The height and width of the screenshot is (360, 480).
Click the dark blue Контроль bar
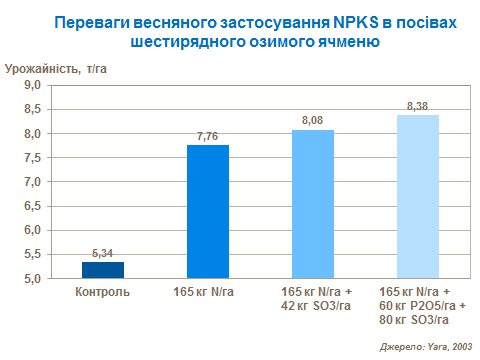tap(103, 270)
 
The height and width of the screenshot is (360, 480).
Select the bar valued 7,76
tap(208, 212)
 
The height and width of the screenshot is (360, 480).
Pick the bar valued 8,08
tap(313, 204)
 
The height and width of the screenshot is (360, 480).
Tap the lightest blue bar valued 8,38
tap(418, 197)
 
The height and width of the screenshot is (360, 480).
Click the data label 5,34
tap(103, 254)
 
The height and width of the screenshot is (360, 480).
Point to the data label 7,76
tap(208, 137)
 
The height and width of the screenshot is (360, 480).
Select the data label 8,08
tap(313, 121)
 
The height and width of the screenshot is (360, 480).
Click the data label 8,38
tap(418, 105)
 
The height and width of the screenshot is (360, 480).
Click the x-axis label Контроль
tap(103, 291)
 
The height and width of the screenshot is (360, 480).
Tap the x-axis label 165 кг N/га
tap(208, 291)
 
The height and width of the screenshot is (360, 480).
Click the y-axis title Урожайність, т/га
tap(58, 67)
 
